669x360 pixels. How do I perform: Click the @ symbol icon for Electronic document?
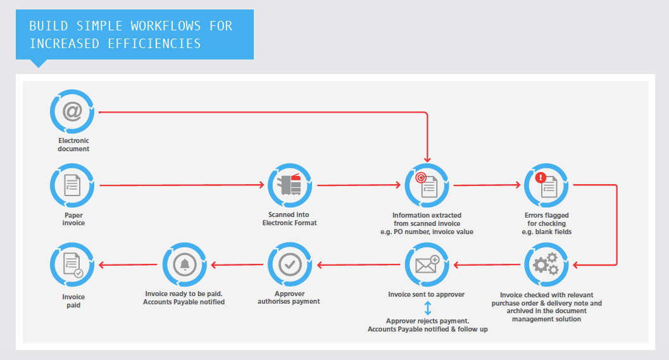72,112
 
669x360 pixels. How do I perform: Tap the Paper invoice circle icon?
72,185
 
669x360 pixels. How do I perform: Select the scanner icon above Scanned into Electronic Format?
290,185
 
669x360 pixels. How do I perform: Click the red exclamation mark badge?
541,177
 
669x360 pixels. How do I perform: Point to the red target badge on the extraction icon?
421,177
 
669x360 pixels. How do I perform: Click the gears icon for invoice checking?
546,264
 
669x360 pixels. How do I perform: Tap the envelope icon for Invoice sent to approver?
427,264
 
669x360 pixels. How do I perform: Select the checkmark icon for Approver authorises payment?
290,264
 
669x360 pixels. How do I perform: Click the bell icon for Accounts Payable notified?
184,264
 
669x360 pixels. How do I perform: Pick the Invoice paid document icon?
72,264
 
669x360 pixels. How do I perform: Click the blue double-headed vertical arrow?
428,308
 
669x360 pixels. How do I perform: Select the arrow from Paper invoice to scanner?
182,185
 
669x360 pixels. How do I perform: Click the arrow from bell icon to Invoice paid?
128,265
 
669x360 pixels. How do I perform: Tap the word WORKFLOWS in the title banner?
166,26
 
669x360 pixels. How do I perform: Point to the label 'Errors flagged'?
547,215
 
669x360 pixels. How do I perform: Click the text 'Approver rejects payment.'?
427,321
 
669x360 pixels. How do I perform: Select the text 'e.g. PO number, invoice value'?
427,232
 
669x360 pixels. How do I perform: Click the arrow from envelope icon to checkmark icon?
359,265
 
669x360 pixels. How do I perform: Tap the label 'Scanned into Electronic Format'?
290,219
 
